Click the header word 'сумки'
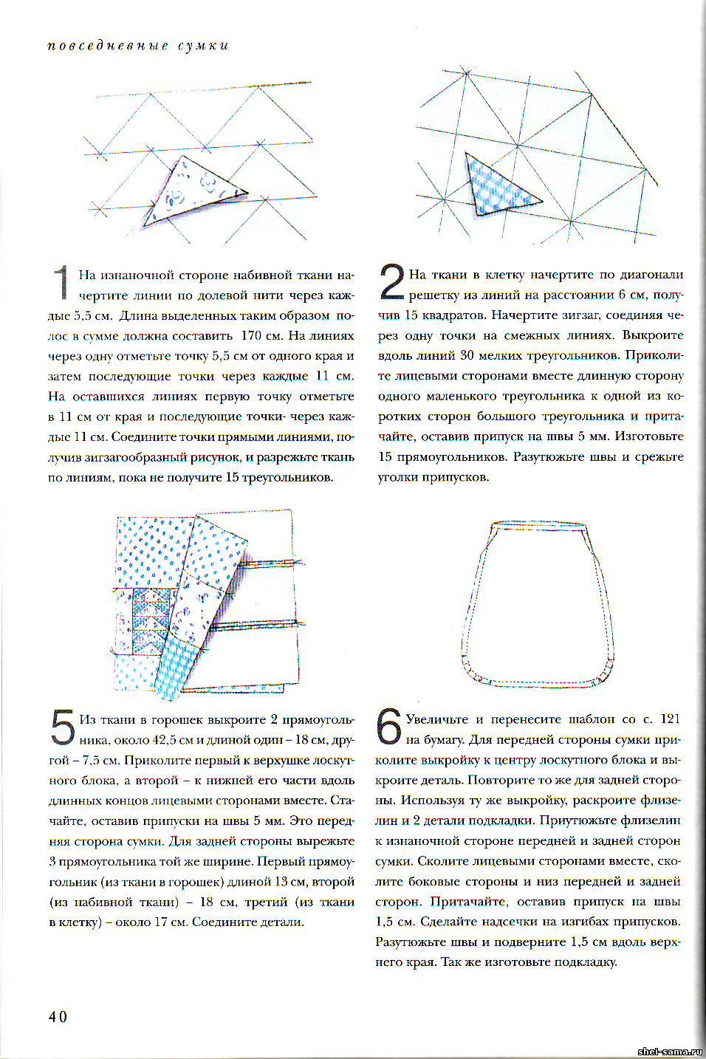coord(203,46)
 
